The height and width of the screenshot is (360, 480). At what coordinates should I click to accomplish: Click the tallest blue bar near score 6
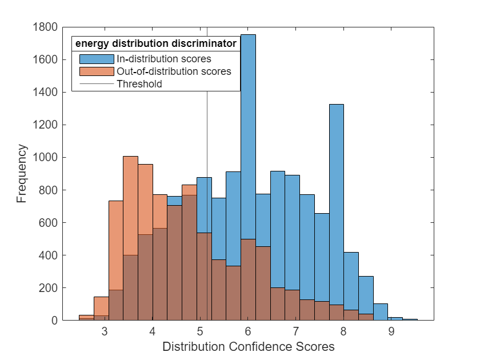[248, 143]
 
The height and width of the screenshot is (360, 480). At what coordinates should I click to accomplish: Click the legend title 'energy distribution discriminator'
[156, 43]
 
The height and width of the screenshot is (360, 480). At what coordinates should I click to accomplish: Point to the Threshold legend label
[139, 84]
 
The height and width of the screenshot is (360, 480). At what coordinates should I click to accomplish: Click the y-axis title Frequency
[22, 174]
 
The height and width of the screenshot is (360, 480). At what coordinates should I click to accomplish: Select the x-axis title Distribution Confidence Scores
[248, 346]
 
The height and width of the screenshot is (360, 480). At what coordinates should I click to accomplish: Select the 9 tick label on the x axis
[391, 332]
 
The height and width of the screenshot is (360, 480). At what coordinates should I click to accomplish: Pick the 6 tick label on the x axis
[248, 332]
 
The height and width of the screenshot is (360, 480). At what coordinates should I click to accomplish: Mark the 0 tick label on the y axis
[53, 321]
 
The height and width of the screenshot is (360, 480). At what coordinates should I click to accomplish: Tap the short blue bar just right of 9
[395, 318]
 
